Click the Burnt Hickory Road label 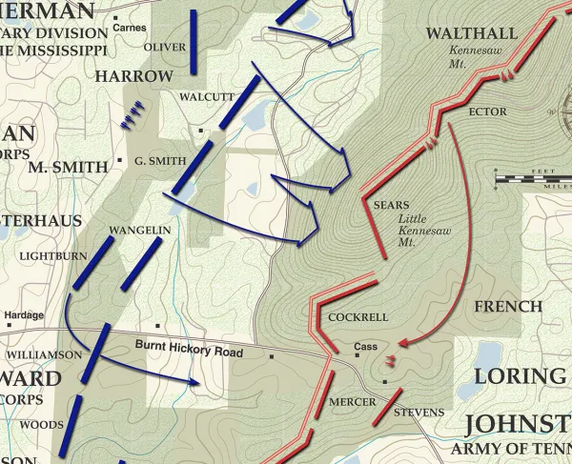coord(189,352)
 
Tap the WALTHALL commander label coord(471,34)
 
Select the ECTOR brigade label coord(488,111)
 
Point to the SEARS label coord(391,205)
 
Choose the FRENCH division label coord(507,307)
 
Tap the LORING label coord(521,374)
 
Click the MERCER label coord(352,401)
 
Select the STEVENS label coord(419,412)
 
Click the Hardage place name coord(24,315)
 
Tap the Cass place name coord(366,347)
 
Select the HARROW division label coord(134,75)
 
